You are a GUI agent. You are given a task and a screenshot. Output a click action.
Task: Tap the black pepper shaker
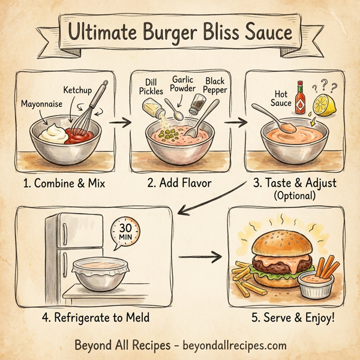click(196, 106)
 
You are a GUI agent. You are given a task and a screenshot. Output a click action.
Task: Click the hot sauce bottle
click(300, 98)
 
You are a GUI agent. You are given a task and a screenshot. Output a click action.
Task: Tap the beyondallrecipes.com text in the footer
click(229, 346)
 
